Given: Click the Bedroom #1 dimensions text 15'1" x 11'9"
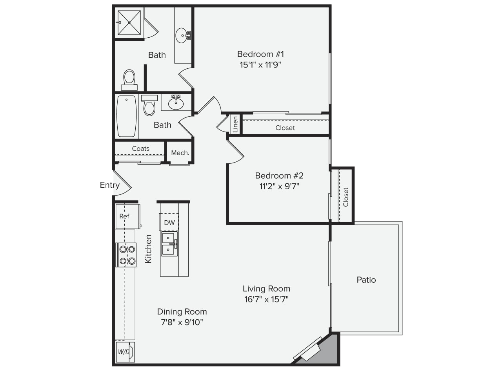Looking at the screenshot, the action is pyautogui.click(x=260, y=65).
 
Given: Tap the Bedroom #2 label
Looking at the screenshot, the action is pyautogui.click(x=279, y=176).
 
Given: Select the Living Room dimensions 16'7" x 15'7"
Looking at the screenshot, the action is pyautogui.click(x=266, y=299).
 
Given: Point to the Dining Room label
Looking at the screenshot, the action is pyautogui.click(x=182, y=311).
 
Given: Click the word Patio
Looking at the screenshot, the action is pyautogui.click(x=366, y=280).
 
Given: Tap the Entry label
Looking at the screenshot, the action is pyautogui.click(x=110, y=185).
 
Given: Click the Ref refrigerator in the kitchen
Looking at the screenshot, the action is pyautogui.click(x=127, y=216).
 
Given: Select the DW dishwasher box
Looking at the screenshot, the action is pyautogui.click(x=169, y=222).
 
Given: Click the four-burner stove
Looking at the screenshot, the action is pyautogui.click(x=126, y=255).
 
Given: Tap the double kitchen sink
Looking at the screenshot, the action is pyautogui.click(x=169, y=243).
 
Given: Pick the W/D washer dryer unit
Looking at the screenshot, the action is pyautogui.click(x=125, y=352).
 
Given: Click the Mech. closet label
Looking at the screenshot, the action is pyautogui.click(x=180, y=153).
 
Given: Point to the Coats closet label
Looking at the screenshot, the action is pyautogui.click(x=141, y=148).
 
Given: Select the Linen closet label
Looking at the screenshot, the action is pyautogui.click(x=235, y=124).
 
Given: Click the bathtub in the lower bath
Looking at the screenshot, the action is pyautogui.click(x=126, y=116).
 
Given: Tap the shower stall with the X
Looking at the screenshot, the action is pyautogui.click(x=129, y=22).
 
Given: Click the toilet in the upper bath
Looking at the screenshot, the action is pyautogui.click(x=129, y=80).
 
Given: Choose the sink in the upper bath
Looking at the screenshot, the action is pyautogui.click(x=183, y=35).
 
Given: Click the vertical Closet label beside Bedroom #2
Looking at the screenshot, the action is pyautogui.click(x=346, y=197).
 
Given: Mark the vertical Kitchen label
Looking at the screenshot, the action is pyautogui.click(x=148, y=249).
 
